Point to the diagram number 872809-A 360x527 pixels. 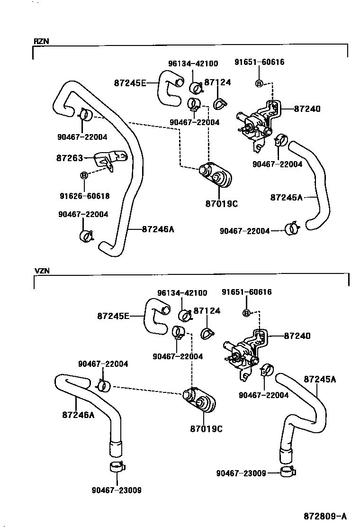point(326,516)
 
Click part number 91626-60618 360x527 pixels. point(84,195)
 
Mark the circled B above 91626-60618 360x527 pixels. point(84,175)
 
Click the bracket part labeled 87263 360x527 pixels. point(110,160)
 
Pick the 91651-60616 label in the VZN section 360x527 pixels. point(247,292)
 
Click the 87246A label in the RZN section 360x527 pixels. point(158,229)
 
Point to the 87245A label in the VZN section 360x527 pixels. point(320,379)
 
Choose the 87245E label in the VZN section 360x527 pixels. point(113,315)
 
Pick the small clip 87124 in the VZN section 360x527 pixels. point(207,334)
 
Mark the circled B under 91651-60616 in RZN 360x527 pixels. point(259,83)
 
